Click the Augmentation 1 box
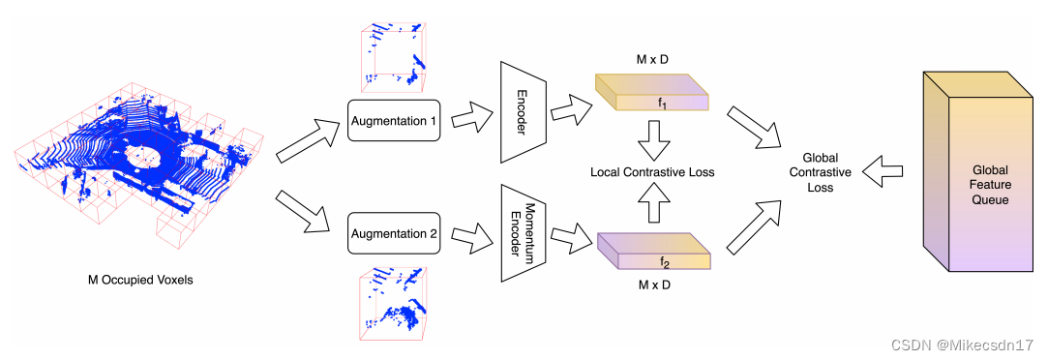point(394,123)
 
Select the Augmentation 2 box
point(394,233)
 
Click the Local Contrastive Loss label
point(653,172)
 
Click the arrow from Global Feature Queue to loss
point(884,172)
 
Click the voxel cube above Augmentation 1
point(393,52)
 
